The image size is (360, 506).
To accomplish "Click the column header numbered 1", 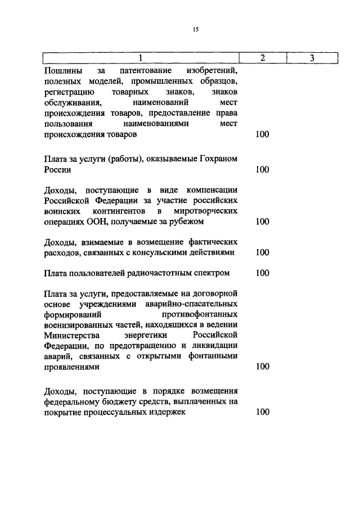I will (x=141, y=58).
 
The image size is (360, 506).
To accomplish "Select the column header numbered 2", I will (x=262, y=58).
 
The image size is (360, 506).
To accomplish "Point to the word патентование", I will (x=146, y=71).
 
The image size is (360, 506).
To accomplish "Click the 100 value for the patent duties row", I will (x=262, y=135).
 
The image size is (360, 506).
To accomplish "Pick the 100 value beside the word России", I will (x=262, y=170).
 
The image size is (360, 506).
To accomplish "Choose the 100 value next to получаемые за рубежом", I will (x=262, y=222).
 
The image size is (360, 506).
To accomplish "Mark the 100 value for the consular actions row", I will (x=262, y=252).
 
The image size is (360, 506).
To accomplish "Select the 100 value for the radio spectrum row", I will (x=262, y=273).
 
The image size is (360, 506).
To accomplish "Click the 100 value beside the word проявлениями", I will (x=262, y=367).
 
